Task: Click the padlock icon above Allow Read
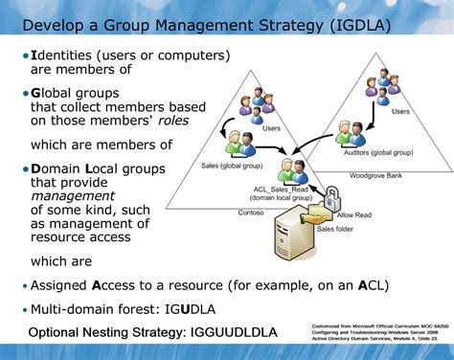[x=332, y=196]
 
